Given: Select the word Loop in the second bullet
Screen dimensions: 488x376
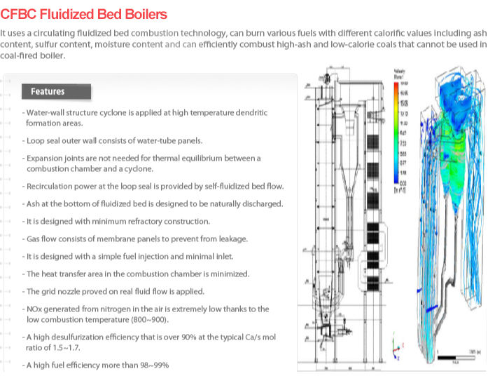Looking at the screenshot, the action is tap(35, 140).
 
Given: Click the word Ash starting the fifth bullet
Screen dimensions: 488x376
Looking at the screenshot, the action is tap(32, 204).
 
